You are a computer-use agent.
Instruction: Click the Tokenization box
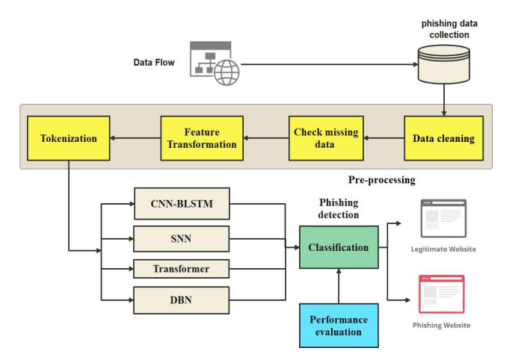click(x=68, y=138)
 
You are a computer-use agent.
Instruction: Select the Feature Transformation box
click(x=202, y=138)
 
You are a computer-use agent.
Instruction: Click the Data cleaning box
click(x=444, y=138)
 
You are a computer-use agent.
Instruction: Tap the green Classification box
click(x=339, y=246)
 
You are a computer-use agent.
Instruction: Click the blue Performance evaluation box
click(x=339, y=326)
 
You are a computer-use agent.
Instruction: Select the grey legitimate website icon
click(x=443, y=218)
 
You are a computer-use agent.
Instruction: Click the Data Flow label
click(x=154, y=62)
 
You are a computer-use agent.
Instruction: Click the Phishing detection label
click(x=339, y=208)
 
